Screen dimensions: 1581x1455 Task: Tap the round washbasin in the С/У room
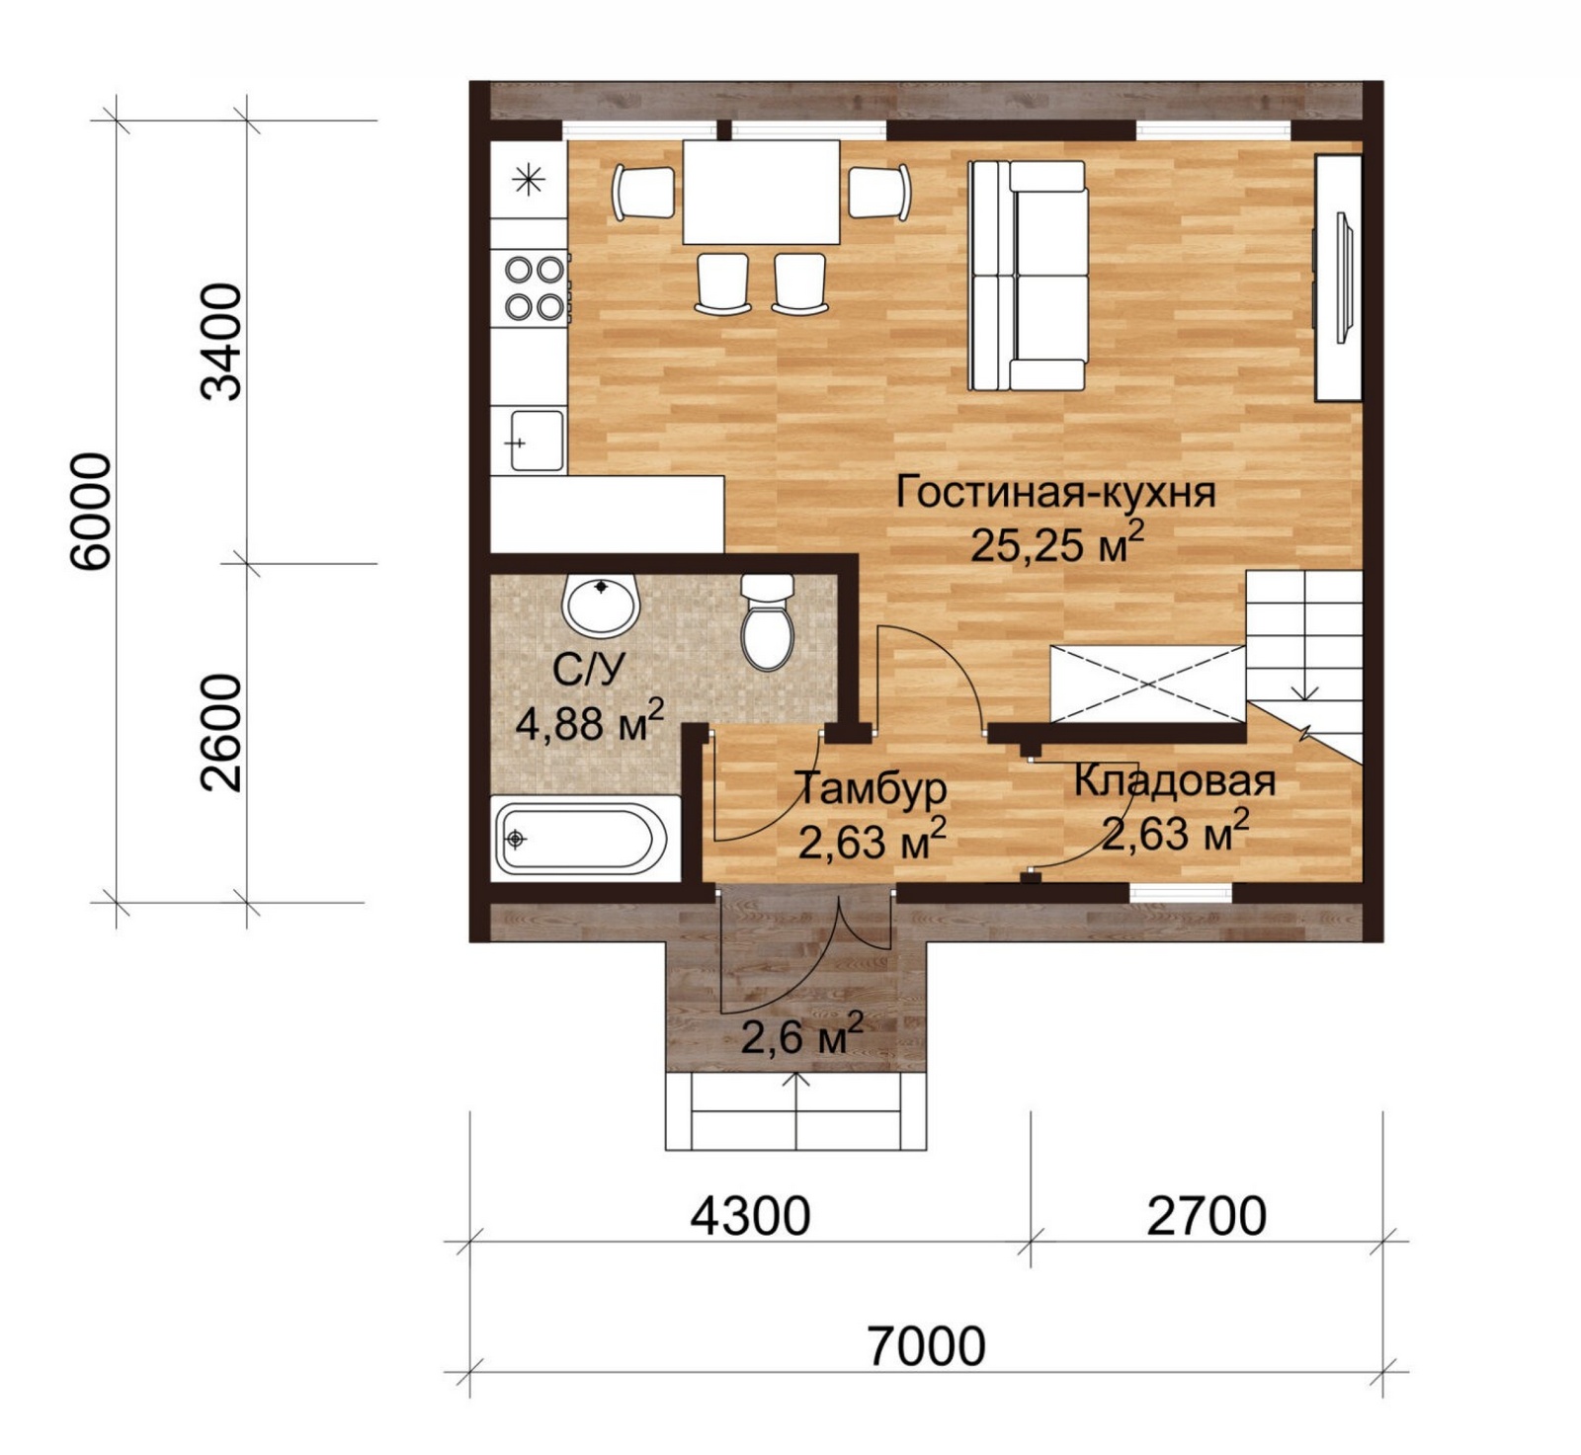point(600,606)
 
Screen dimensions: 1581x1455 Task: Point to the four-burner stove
point(534,287)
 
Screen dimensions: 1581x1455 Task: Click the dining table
point(761,192)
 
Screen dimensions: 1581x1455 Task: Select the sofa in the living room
point(1028,276)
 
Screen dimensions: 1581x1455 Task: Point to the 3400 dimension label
point(220,342)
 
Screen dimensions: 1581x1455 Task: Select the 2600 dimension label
point(220,733)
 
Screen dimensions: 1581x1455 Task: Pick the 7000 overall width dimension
point(927,1345)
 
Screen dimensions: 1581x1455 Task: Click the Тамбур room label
point(872,788)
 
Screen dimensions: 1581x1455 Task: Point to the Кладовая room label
point(1175,781)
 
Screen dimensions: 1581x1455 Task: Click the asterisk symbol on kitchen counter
point(530,180)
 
